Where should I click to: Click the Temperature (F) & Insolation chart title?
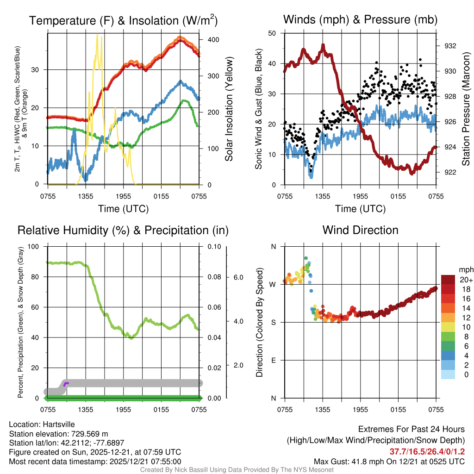(123, 20)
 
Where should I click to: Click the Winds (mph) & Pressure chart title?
(360, 19)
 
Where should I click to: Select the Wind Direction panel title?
(360, 230)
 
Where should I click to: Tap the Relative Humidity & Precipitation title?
(123, 230)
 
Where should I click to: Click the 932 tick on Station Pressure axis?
(450, 46)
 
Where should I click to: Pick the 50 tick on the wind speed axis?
(272, 33)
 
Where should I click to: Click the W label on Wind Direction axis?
(273, 285)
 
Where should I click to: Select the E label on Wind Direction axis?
(273, 361)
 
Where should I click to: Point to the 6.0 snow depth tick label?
(237, 277)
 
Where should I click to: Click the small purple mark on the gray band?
(66, 384)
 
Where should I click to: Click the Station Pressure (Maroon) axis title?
(466, 108)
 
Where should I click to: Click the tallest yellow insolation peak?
(97, 35)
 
